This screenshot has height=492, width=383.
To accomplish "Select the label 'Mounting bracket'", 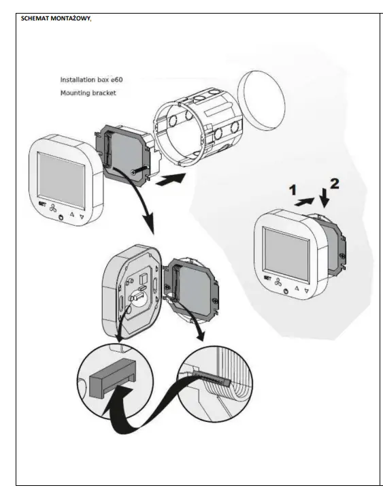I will coord(88,93).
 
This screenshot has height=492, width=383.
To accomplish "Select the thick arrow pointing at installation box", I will coord(169,179).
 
